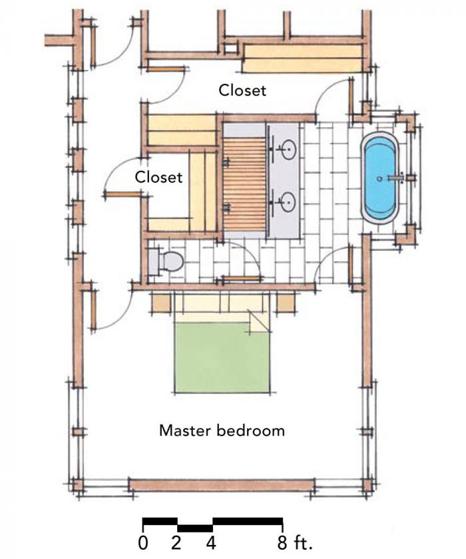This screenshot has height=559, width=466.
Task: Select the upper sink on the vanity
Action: (288, 150)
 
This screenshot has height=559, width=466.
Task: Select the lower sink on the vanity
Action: (288, 200)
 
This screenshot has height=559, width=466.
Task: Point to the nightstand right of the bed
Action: (286, 303)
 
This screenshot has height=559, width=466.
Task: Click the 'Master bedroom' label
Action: (222, 431)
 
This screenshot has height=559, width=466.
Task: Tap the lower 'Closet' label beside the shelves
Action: (158, 178)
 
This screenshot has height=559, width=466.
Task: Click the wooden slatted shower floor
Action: (243, 180)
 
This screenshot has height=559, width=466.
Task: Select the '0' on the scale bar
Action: (144, 542)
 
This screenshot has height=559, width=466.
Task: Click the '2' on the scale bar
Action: (176, 542)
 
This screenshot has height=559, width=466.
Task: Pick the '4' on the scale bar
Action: (211, 542)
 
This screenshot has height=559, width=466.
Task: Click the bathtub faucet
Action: (398, 178)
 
